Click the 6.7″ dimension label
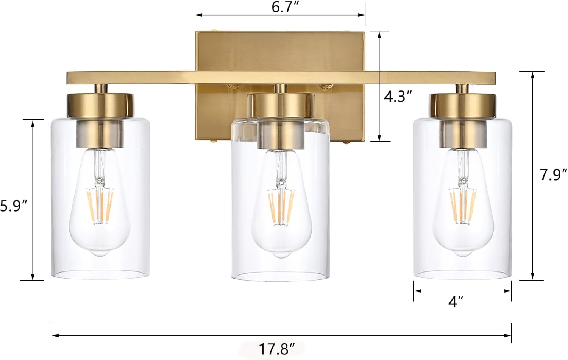pyautogui.click(x=283, y=8)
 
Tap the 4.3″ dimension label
pyautogui.click(x=398, y=97)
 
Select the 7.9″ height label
pyautogui.click(x=553, y=175)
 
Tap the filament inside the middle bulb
pyautogui.click(x=281, y=207)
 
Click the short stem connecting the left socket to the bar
pyautogui.click(x=100, y=89)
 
